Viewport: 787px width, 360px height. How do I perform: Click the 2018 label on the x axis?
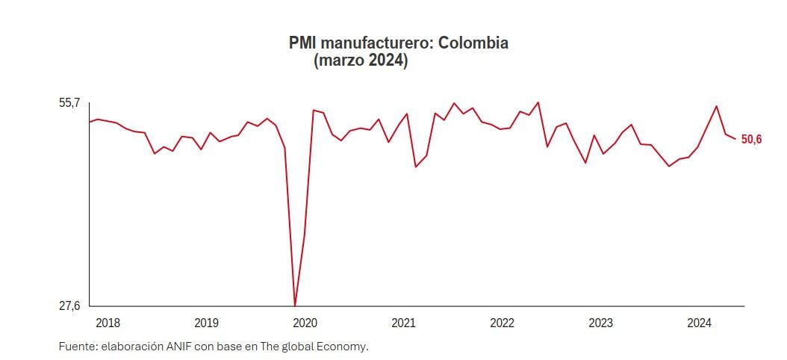[x=108, y=323]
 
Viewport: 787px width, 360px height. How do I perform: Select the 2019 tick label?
[x=206, y=323]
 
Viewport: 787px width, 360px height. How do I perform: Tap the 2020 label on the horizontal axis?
[x=305, y=323]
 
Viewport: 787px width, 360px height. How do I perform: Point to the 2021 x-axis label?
[x=403, y=323]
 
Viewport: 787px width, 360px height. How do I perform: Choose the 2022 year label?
[x=502, y=323]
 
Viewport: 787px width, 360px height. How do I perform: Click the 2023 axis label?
[x=600, y=323]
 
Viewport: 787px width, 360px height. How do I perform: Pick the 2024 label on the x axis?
[x=699, y=323]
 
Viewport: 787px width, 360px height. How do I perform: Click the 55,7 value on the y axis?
[x=69, y=103]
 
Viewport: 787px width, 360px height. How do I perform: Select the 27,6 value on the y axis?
[x=69, y=305]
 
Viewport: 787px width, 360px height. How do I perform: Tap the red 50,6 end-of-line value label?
[x=751, y=140]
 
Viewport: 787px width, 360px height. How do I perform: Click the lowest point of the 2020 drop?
[x=295, y=305]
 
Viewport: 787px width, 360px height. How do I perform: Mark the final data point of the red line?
[x=736, y=139]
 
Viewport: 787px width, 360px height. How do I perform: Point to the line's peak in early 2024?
[x=717, y=106]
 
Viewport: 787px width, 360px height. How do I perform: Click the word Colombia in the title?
[x=473, y=43]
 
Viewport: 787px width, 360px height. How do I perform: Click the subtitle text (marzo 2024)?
[x=361, y=61]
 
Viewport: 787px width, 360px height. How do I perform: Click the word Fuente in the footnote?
[x=77, y=347]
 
